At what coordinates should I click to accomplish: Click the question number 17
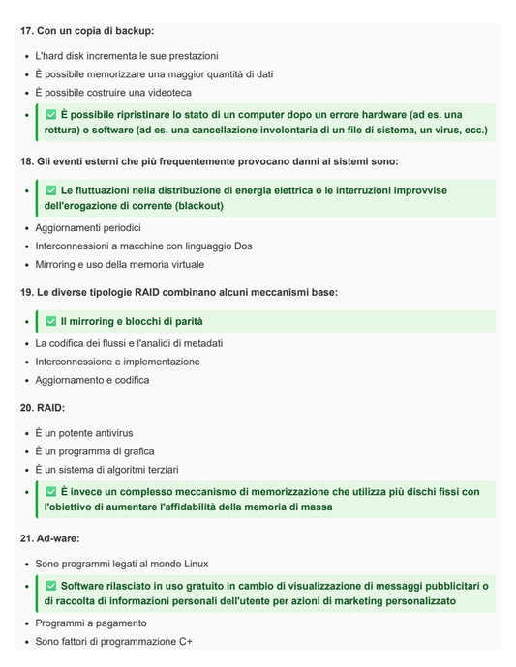[x=27, y=31]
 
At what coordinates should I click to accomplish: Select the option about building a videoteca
[x=113, y=92]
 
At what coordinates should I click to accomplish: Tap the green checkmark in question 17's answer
[x=51, y=114]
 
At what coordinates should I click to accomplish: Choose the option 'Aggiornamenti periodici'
[x=88, y=227]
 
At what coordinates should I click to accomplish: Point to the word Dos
[x=242, y=246]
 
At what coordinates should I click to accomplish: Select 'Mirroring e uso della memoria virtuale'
[x=120, y=264]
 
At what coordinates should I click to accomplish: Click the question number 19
[x=27, y=292]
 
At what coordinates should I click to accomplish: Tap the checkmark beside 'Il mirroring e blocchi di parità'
[x=51, y=321]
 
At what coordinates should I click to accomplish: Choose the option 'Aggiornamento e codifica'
[x=92, y=380]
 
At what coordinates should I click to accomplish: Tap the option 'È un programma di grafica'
[x=95, y=451]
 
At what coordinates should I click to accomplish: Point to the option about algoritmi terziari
[x=106, y=470]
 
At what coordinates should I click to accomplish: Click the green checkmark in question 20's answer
[x=51, y=492]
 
